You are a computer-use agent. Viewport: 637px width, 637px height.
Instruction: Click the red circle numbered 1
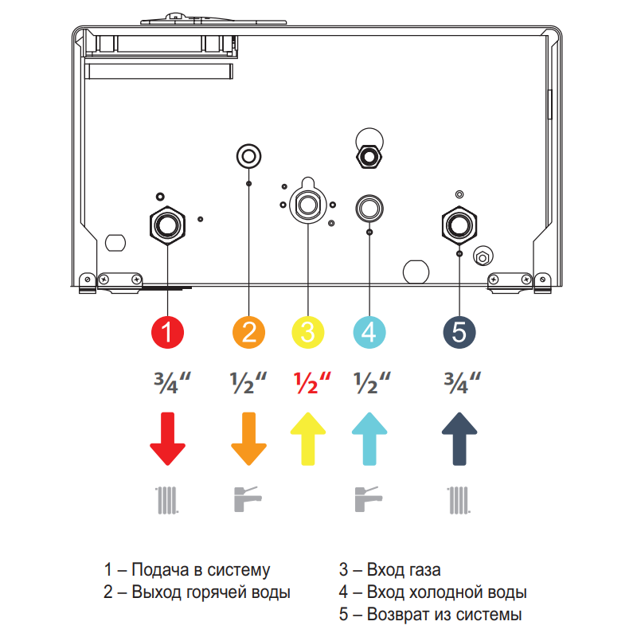click(x=168, y=331)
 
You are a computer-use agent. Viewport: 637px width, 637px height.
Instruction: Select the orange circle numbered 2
click(x=249, y=331)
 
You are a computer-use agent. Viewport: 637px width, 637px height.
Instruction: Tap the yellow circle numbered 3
click(x=308, y=331)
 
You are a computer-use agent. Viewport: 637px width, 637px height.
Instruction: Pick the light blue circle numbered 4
click(x=369, y=331)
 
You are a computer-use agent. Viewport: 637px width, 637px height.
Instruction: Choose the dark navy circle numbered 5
click(x=459, y=331)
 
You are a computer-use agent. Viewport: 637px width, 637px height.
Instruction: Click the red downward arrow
click(x=168, y=439)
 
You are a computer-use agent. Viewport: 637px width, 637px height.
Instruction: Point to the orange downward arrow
click(x=249, y=439)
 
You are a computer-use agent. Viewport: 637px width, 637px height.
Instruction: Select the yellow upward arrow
click(x=308, y=439)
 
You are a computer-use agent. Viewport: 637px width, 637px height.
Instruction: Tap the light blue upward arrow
click(x=369, y=439)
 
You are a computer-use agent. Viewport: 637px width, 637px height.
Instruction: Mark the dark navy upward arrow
click(x=459, y=439)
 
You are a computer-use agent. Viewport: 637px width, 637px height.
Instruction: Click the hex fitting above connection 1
click(x=168, y=224)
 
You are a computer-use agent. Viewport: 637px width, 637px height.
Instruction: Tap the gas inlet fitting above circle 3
click(x=308, y=205)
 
